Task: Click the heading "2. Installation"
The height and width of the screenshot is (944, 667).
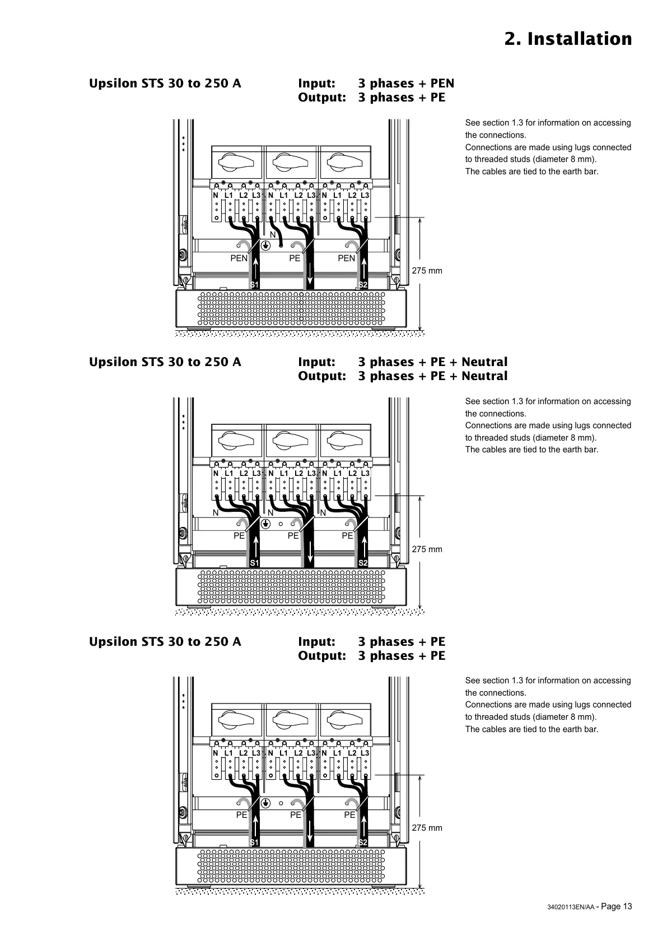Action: [568, 39]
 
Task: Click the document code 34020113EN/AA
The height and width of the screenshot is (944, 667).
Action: [570, 908]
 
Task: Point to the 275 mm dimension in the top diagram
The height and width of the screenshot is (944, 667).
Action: [427, 271]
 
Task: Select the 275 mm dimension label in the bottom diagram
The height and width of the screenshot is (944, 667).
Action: [427, 828]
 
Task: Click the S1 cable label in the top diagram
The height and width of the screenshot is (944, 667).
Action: [254, 285]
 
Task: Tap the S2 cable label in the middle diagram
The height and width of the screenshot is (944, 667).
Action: [363, 562]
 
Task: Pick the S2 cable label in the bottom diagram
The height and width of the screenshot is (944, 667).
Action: [363, 843]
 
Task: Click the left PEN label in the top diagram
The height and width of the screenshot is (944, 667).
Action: [239, 258]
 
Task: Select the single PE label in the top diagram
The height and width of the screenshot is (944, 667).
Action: [295, 258]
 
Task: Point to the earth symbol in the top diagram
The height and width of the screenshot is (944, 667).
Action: [267, 246]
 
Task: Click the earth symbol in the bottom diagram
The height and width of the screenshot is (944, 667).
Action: [267, 803]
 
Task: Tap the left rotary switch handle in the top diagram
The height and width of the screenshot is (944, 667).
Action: [235, 163]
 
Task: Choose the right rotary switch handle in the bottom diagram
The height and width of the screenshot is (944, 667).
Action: [344, 721]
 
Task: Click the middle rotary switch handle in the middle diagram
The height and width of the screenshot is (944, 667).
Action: [290, 442]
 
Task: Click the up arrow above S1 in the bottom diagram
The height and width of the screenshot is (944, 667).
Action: [255, 824]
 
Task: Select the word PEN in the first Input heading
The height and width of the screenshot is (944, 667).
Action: [442, 84]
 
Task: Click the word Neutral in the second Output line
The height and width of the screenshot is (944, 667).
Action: [484, 376]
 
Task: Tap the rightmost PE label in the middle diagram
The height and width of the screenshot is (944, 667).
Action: [347, 536]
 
